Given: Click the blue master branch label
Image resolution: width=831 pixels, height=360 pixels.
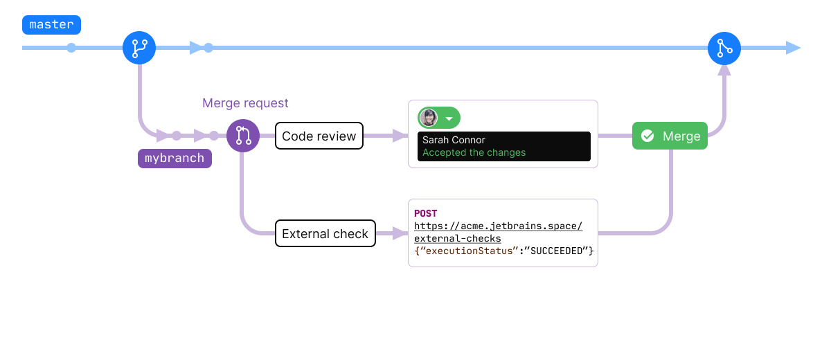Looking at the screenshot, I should [x=52, y=25].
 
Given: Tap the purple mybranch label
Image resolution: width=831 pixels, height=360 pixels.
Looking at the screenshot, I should [x=175, y=158].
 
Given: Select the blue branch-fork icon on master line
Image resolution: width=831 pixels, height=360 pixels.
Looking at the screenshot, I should [x=139, y=48].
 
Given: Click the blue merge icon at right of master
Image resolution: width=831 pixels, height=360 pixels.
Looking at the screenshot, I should [x=724, y=48].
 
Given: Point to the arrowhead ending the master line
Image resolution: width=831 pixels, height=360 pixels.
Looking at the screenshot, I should [x=794, y=48].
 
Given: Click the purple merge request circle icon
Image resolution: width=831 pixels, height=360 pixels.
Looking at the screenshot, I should [x=243, y=136].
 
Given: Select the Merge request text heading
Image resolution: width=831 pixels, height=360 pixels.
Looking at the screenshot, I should [x=245, y=103].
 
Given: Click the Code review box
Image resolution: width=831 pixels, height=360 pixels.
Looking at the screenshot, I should [x=319, y=136].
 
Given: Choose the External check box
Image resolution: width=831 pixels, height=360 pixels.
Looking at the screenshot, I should [x=325, y=234].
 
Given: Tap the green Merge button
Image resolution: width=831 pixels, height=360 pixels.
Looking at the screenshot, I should [x=670, y=136].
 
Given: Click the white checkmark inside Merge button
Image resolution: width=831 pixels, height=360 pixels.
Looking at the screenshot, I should [x=647, y=136].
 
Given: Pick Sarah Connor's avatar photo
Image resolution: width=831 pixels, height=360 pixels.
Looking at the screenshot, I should [x=429, y=118].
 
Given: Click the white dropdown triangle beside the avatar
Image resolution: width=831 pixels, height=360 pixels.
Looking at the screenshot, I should [x=449, y=118].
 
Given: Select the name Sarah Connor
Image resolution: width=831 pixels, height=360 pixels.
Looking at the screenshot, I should [x=454, y=140].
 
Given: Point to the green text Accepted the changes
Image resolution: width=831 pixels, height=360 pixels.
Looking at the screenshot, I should [x=474, y=152].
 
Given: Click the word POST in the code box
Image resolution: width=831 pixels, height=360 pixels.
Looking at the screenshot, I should [x=426, y=213].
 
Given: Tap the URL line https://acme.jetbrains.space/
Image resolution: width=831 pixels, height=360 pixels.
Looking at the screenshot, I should [x=499, y=226].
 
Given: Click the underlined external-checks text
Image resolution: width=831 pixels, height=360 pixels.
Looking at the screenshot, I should [x=458, y=238].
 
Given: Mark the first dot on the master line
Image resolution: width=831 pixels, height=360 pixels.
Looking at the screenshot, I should [x=71, y=48].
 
